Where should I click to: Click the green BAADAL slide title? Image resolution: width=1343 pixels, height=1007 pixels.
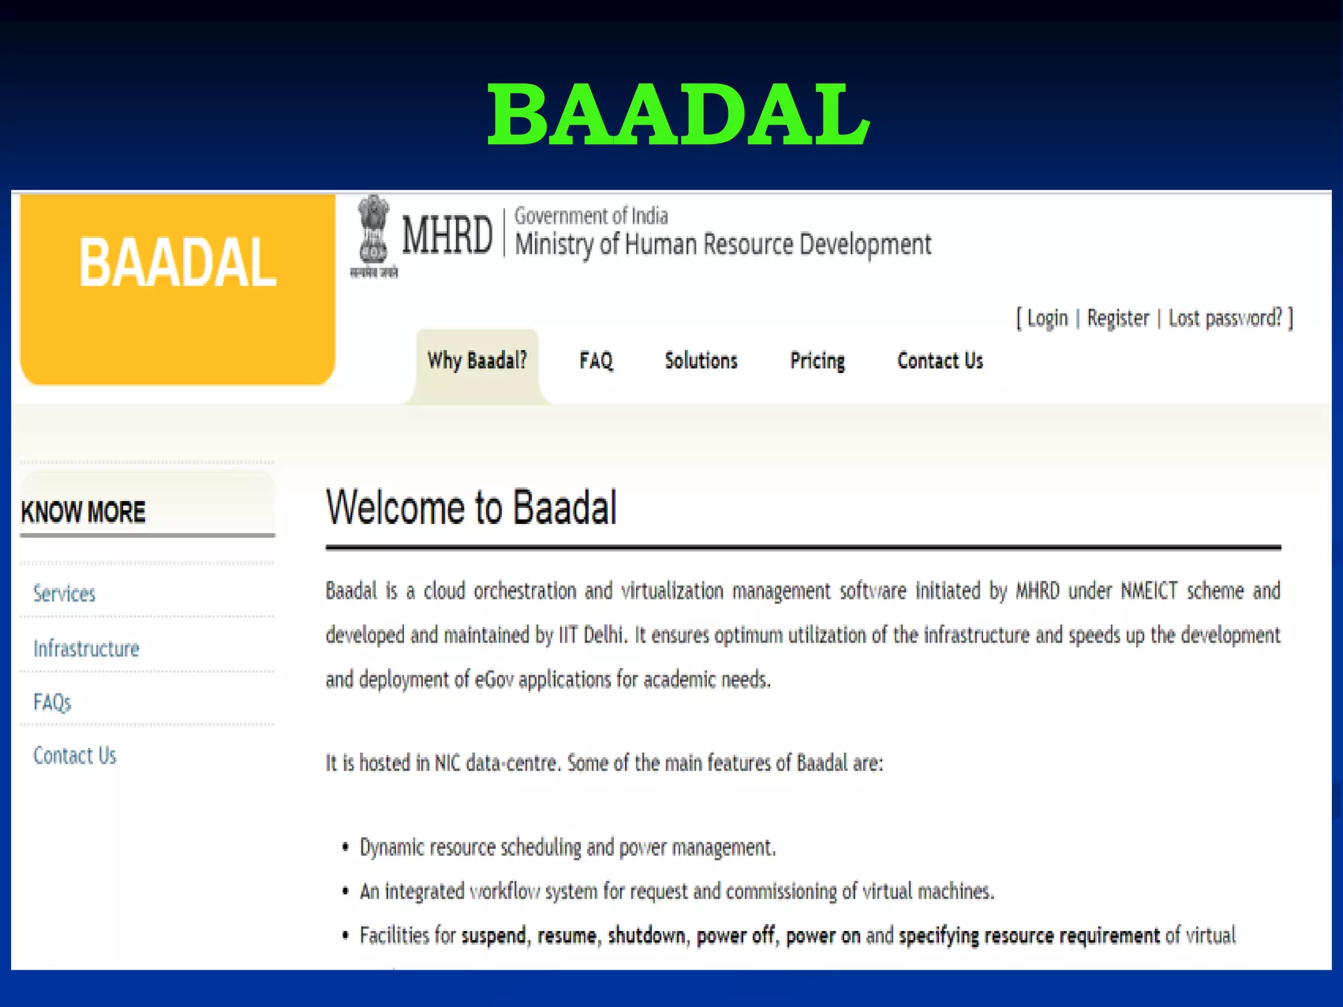point(678,115)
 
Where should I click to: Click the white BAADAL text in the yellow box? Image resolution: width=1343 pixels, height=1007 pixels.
point(177,263)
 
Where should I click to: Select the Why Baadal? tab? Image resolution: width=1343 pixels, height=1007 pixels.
point(477,361)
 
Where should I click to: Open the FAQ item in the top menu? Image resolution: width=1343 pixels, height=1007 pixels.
point(596,361)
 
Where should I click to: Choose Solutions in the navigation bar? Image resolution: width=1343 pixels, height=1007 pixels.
point(701,361)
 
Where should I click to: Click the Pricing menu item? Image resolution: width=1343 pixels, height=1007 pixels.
point(817,361)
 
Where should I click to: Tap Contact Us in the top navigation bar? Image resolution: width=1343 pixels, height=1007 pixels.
point(940,361)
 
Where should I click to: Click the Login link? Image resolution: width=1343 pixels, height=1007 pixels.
point(1047,318)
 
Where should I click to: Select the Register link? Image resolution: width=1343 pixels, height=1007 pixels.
point(1118,318)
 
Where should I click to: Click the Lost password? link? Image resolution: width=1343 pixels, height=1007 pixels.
point(1225,318)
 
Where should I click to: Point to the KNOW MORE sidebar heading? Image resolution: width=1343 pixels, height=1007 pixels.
point(83,512)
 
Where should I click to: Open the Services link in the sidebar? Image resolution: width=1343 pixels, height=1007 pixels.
point(64,594)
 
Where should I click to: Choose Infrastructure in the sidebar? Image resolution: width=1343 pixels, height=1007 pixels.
point(87,649)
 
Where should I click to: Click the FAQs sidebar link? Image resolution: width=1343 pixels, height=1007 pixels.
point(52,703)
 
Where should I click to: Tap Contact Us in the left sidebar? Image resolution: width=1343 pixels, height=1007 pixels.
point(75,756)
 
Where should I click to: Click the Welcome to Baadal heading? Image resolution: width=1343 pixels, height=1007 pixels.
point(471,507)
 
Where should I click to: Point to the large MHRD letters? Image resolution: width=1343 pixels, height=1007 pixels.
point(447,235)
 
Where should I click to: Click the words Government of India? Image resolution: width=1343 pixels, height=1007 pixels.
point(591,216)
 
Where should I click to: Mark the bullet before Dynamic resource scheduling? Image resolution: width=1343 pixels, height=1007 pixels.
point(346,848)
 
